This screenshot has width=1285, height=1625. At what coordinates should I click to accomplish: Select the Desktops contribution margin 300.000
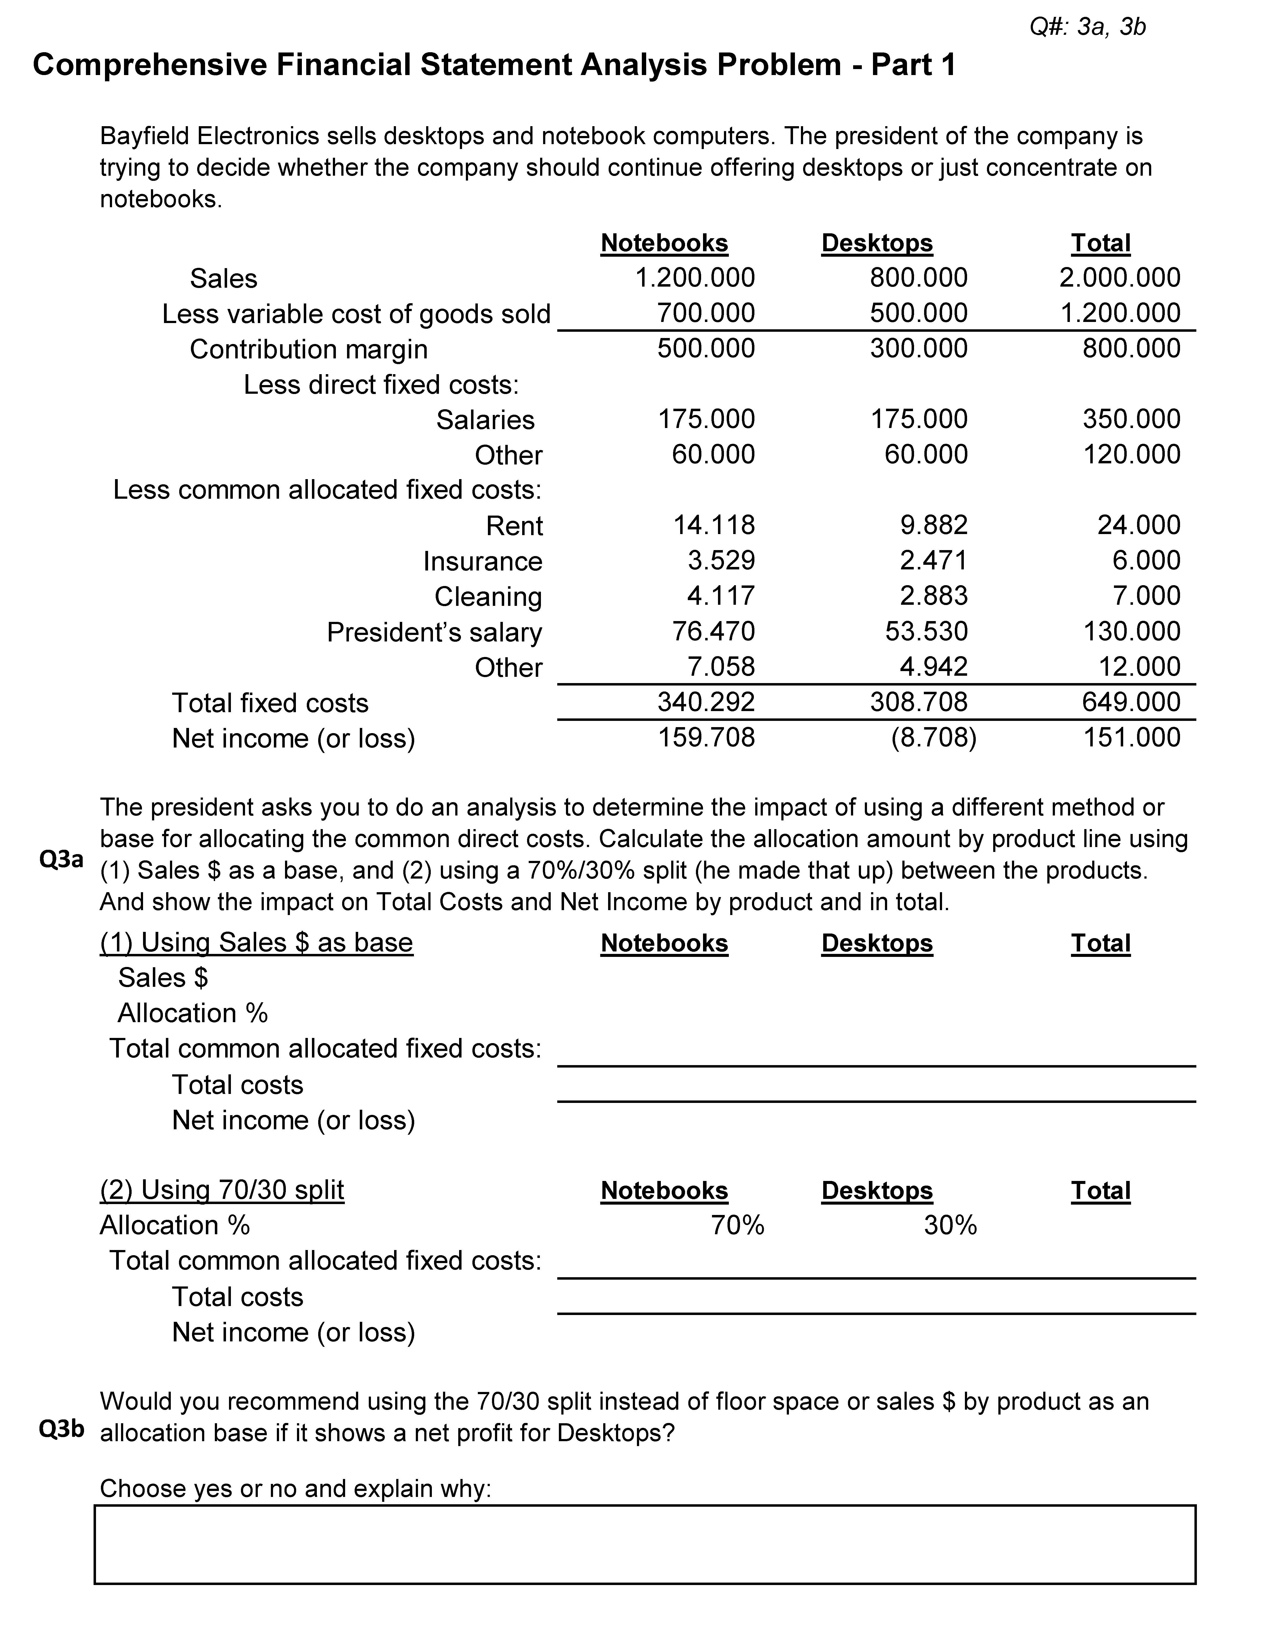click(919, 348)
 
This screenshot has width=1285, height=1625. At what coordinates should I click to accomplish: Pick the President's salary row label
click(434, 632)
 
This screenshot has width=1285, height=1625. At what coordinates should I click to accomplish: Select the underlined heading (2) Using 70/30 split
click(222, 1190)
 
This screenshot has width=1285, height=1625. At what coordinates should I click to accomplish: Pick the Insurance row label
click(482, 561)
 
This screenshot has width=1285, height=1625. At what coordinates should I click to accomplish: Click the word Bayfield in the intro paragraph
click(144, 136)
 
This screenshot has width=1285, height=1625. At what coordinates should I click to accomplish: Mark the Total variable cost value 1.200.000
click(1120, 313)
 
